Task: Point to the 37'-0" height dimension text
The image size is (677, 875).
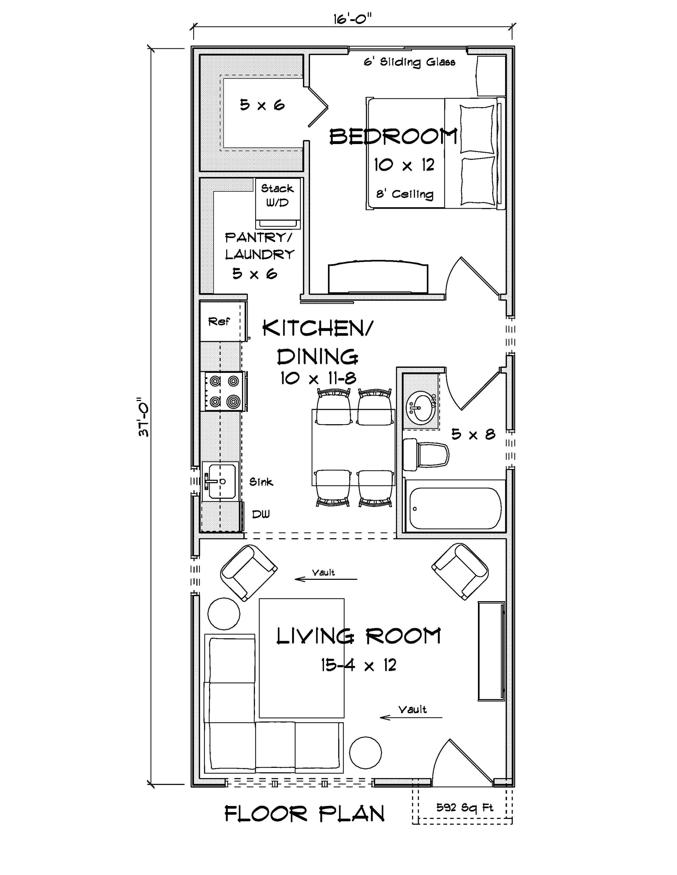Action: coord(143,417)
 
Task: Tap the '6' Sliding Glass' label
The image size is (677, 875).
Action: coord(410,62)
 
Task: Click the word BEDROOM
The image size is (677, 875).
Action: coord(393,137)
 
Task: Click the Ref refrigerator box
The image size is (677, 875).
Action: coord(220,321)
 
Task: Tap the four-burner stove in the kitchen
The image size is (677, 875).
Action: coord(224,391)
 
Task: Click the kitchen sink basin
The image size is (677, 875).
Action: coord(220,481)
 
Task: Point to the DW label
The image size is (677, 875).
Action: coord(261,514)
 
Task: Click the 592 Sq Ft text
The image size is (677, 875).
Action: coord(464,808)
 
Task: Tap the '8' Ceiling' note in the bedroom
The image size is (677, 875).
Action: coord(404,194)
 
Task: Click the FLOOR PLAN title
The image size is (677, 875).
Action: coord(304,814)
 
